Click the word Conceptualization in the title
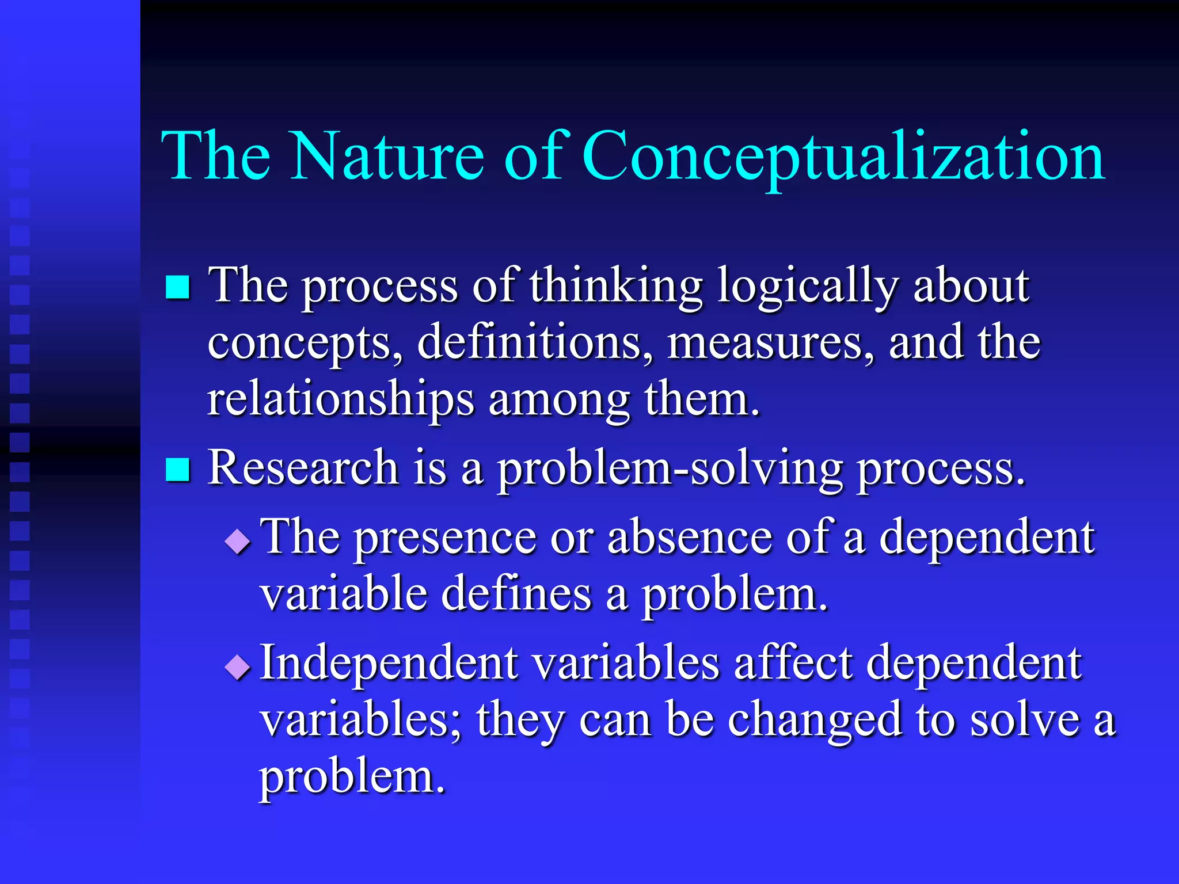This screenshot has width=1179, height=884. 843,157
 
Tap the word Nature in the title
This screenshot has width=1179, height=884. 387,157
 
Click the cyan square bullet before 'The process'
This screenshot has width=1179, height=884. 177,287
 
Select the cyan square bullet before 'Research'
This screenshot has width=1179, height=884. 177,469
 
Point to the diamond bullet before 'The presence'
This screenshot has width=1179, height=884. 238,542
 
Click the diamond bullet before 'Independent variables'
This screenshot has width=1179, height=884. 238,668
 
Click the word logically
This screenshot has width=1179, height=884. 807,286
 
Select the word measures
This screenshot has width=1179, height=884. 770,342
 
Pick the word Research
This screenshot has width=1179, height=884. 303,468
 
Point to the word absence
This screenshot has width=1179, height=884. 689,537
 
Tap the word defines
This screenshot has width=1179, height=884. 516,594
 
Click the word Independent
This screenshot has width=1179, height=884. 389,663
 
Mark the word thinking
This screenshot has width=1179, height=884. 616,286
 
